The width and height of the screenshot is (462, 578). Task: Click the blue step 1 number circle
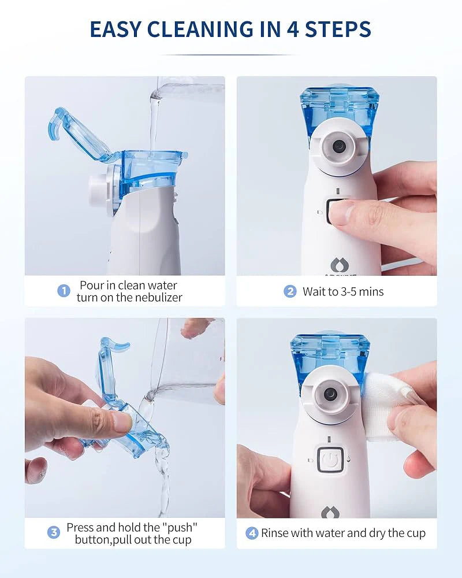pos(64,291)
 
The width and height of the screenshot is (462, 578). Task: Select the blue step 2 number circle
pos(290,291)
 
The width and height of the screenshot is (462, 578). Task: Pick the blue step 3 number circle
pos(54,532)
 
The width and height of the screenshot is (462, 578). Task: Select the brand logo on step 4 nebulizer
pos(331,512)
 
